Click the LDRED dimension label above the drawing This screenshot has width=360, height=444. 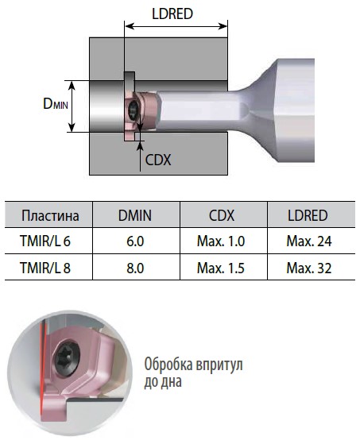tap(172, 14)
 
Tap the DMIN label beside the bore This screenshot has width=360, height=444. tap(56, 104)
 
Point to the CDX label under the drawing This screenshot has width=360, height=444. tap(158, 160)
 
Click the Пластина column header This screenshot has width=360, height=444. tap(50, 216)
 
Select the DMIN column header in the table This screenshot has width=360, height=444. tap(135, 215)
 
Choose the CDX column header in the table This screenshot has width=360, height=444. tap(222, 215)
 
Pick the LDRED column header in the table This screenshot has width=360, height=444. tap(308, 215)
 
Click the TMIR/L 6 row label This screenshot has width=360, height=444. tap(45, 241)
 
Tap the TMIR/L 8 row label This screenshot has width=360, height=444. tap(45, 268)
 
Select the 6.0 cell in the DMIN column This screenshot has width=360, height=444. tap(135, 241)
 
